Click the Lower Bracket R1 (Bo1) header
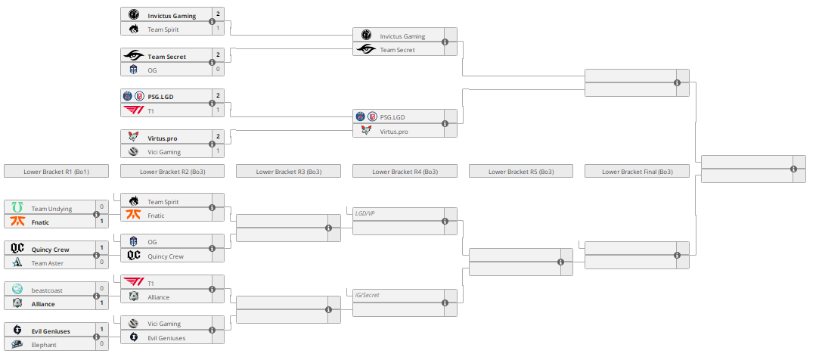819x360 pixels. pyautogui.click(x=56, y=172)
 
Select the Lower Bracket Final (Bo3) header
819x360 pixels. pyautogui.click(x=637, y=172)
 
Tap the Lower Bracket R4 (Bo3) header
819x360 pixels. pyautogui.click(x=405, y=172)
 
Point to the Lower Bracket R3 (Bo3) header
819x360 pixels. pyautogui.click(x=288, y=172)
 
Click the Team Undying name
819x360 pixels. pyautogui.click(x=51, y=208)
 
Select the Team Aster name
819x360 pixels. pyautogui.click(x=48, y=263)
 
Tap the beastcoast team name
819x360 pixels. pyautogui.click(x=47, y=290)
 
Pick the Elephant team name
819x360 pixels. pyautogui.click(x=45, y=345)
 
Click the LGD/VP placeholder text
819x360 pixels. pyautogui.click(x=365, y=213)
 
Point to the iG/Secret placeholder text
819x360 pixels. pyautogui.click(x=366, y=295)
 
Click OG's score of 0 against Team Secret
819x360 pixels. pyautogui.click(x=218, y=70)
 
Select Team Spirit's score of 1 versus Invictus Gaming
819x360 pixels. pyautogui.click(x=218, y=29)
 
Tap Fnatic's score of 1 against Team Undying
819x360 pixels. pyautogui.click(x=101, y=222)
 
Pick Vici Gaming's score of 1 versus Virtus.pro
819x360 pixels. pyautogui.click(x=218, y=151)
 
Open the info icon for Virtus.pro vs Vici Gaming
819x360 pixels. pyautogui.click(x=212, y=144)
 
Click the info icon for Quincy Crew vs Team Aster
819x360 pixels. pyautogui.click(x=96, y=256)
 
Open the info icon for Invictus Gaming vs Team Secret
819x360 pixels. pyautogui.click(x=445, y=42)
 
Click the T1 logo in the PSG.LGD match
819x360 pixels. pyautogui.click(x=133, y=110)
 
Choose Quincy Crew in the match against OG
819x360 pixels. pyautogui.click(x=166, y=256)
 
